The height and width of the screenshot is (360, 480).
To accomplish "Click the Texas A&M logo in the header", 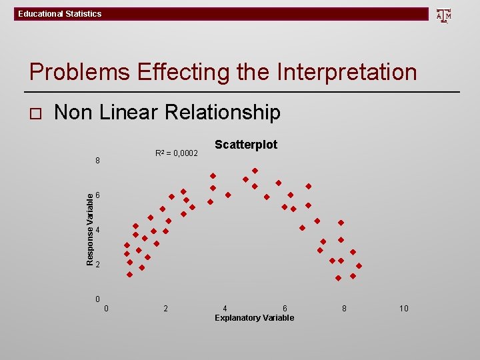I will click(x=443, y=15).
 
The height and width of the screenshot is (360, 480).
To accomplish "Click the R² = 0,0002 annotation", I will click(x=176, y=154).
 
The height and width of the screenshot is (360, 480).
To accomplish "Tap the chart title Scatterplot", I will click(x=246, y=145).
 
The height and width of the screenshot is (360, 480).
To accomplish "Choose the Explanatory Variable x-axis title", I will click(x=254, y=318).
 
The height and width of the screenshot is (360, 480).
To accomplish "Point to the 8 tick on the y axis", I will click(x=97, y=161).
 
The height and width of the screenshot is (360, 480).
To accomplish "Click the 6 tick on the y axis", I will click(x=97, y=195).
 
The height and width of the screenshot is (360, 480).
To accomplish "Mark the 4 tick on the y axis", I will click(x=97, y=230).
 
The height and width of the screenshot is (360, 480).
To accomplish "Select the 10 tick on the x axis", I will click(x=404, y=309).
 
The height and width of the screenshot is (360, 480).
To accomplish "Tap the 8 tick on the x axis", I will click(x=344, y=309).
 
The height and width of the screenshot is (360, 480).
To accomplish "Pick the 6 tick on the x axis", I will click(x=285, y=309).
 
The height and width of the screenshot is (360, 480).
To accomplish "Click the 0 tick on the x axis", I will click(x=107, y=309).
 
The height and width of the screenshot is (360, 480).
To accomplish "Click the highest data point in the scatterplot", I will click(x=255, y=171).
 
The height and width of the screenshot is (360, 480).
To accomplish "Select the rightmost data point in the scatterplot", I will click(x=359, y=266).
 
